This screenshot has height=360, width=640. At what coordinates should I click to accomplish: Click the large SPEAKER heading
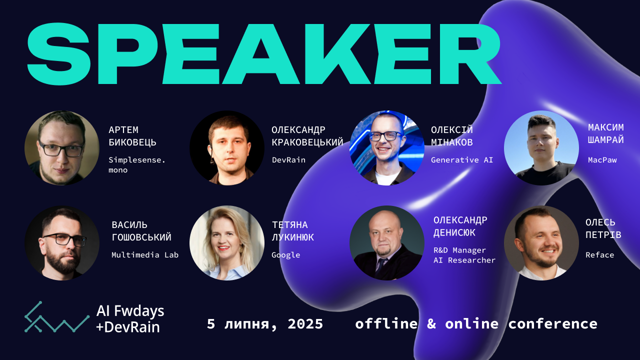tap(264, 54)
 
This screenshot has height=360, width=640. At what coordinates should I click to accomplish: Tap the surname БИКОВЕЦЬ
tap(132, 142)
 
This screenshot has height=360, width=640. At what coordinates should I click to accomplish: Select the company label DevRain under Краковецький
tap(288, 159)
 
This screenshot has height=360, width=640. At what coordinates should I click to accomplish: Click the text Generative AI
tap(462, 159)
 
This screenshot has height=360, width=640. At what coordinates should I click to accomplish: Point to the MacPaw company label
tap(602, 159)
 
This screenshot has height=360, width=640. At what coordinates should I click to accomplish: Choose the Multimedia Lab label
tap(145, 255)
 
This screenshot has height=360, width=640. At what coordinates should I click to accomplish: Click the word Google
tap(285, 255)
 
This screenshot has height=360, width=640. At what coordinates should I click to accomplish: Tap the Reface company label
tap(599, 255)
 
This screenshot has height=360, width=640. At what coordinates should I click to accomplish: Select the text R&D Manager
tap(459, 250)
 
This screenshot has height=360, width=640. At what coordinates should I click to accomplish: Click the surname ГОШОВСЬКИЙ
tap(141, 237)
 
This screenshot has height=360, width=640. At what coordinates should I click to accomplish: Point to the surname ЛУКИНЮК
tap(292, 237)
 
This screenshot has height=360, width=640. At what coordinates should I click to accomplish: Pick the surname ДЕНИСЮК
tap(454, 233)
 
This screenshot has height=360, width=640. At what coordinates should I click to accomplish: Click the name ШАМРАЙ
tap(605, 139)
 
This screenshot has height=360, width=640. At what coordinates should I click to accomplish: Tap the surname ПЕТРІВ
tap(603, 235)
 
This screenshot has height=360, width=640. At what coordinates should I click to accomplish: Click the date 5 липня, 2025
tap(265, 324)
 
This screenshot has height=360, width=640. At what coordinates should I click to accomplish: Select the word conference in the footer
tap(553, 323)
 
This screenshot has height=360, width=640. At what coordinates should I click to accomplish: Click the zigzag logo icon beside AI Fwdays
tap(57, 317)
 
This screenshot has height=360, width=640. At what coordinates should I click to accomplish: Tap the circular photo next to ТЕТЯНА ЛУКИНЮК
tap(227, 243)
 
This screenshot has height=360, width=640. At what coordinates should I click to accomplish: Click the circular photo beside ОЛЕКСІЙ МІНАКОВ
tap(387, 148)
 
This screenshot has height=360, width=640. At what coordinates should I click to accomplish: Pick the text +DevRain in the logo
tap(127, 327)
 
